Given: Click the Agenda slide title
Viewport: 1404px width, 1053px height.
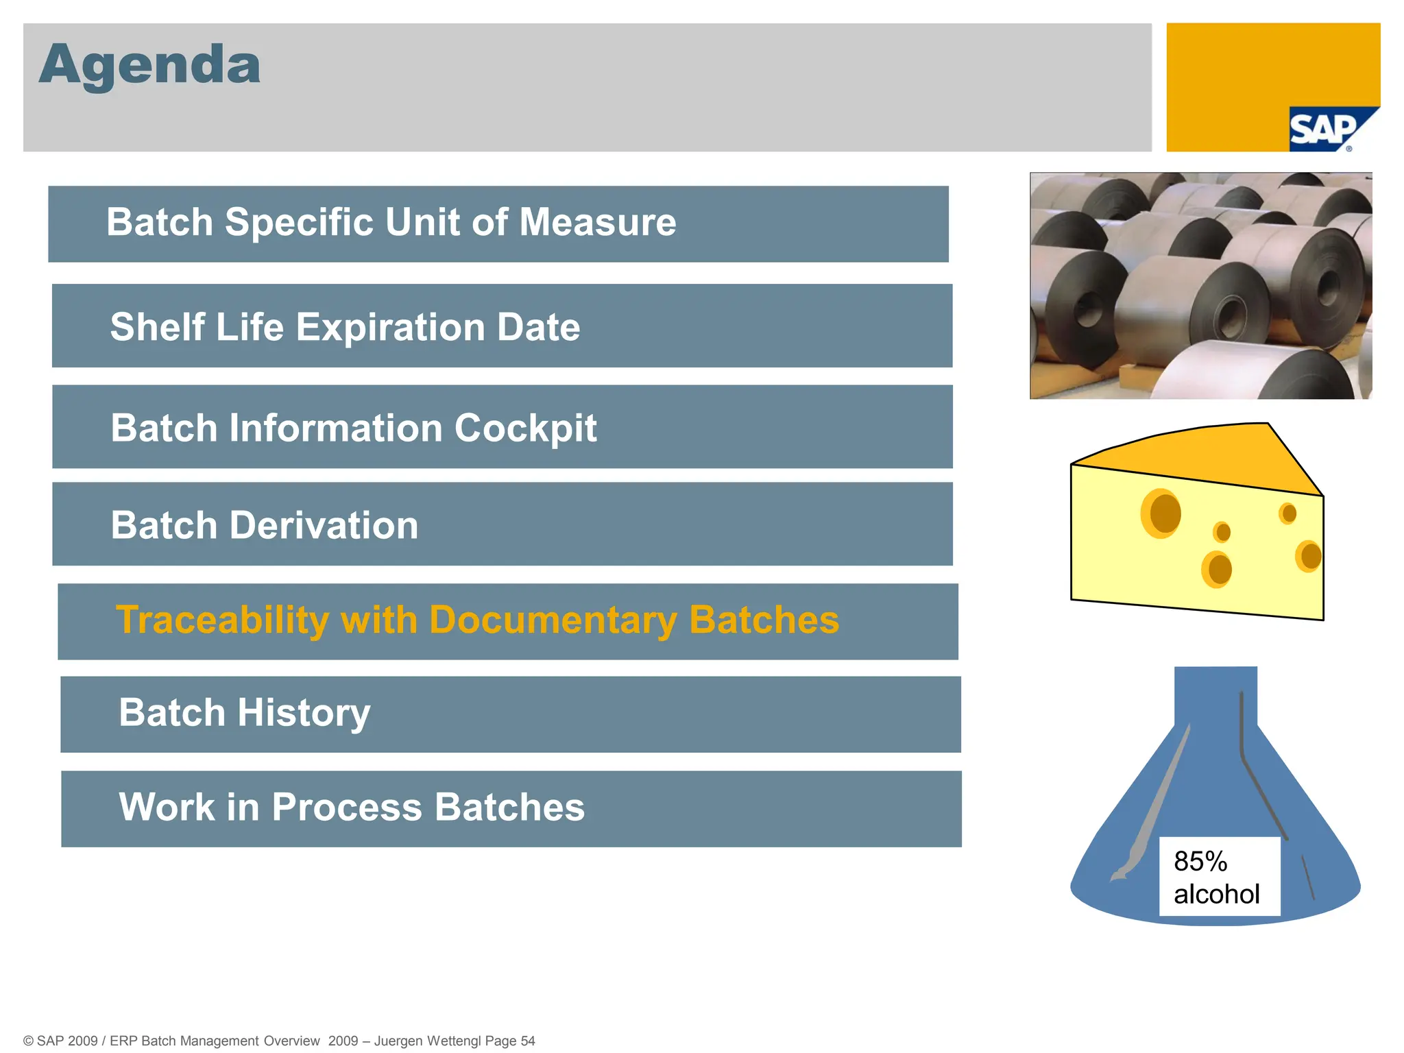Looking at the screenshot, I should [149, 65].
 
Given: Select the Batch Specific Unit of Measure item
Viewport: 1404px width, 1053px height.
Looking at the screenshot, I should [391, 223].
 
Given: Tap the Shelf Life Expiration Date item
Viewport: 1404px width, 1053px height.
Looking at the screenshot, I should [345, 327].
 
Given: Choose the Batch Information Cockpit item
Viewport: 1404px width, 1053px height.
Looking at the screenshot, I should [353, 428].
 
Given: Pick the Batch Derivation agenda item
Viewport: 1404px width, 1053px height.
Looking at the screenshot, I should [264, 526].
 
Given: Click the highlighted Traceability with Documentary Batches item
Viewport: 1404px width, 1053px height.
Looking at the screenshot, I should [477, 620].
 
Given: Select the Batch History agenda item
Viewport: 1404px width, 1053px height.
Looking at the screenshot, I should [244, 713].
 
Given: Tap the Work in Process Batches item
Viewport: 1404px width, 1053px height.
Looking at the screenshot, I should [352, 808].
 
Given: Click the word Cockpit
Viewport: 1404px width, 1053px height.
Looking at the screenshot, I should [525, 428].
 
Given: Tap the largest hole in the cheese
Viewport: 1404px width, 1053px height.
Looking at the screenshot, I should [1162, 513].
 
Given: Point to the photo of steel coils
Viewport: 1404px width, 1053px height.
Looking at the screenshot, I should [1200, 286].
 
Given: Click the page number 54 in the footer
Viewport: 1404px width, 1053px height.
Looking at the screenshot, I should [527, 1041].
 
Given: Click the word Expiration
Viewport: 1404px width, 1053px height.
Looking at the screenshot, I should [389, 327].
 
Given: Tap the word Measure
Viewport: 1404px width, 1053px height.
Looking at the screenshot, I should [597, 223].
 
